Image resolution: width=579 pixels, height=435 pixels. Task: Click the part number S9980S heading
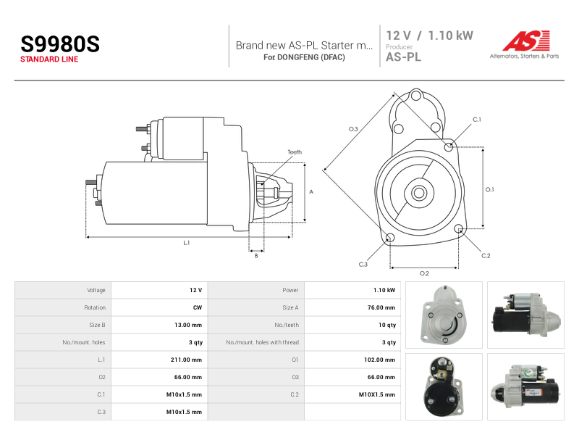click(x=60, y=44)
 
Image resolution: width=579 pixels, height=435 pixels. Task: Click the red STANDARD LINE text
click(x=49, y=59)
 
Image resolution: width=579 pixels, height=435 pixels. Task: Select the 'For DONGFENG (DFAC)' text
click(x=304, y=57)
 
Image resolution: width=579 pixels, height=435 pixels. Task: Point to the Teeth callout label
click(x=295, y=152)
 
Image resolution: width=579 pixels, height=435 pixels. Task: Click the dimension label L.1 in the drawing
click(x=187, y=243)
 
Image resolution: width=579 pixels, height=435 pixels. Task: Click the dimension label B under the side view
click(x=256, y=256)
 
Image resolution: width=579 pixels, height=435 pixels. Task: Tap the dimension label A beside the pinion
click(x=311, y=191)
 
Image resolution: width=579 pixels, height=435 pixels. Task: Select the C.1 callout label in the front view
click(x=477, y=120)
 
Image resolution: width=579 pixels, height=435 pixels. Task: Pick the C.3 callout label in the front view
click(x=363, y=264)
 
